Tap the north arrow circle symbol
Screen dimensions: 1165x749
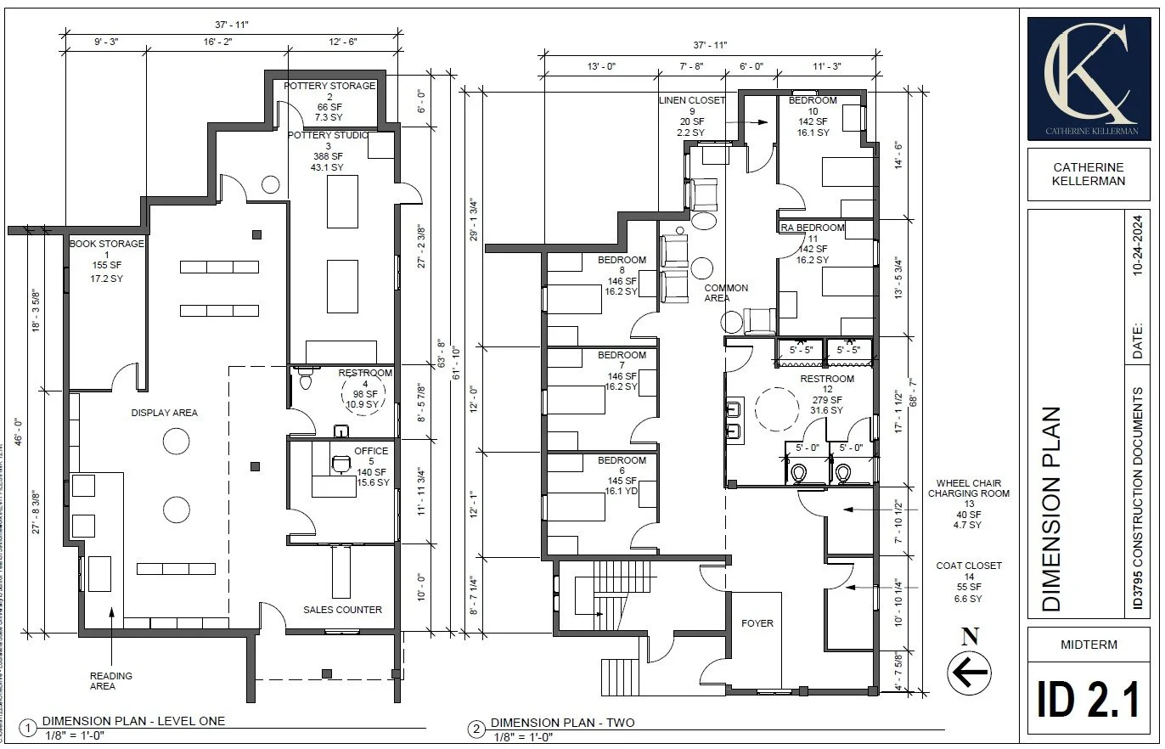click(969, 673)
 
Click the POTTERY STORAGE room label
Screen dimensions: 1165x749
click(329, 86)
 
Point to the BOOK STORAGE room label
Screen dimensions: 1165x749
click(107, 244)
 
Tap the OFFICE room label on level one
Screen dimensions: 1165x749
click(371, 451)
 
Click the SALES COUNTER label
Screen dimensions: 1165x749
click(342, 610)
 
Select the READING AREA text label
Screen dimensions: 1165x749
click(111, 681)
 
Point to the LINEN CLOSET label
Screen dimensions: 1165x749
click(692, 100)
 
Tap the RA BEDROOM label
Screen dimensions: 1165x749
click(813, 228)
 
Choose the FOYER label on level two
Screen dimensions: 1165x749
click(757, 623)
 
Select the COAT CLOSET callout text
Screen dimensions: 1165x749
click(969, 566)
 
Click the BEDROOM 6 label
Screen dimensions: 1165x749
click(622, 460)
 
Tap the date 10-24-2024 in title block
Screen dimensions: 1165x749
click(1138, 245)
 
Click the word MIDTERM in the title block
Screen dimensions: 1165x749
click(1089, 645)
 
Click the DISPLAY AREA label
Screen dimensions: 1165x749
click(164, 413)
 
